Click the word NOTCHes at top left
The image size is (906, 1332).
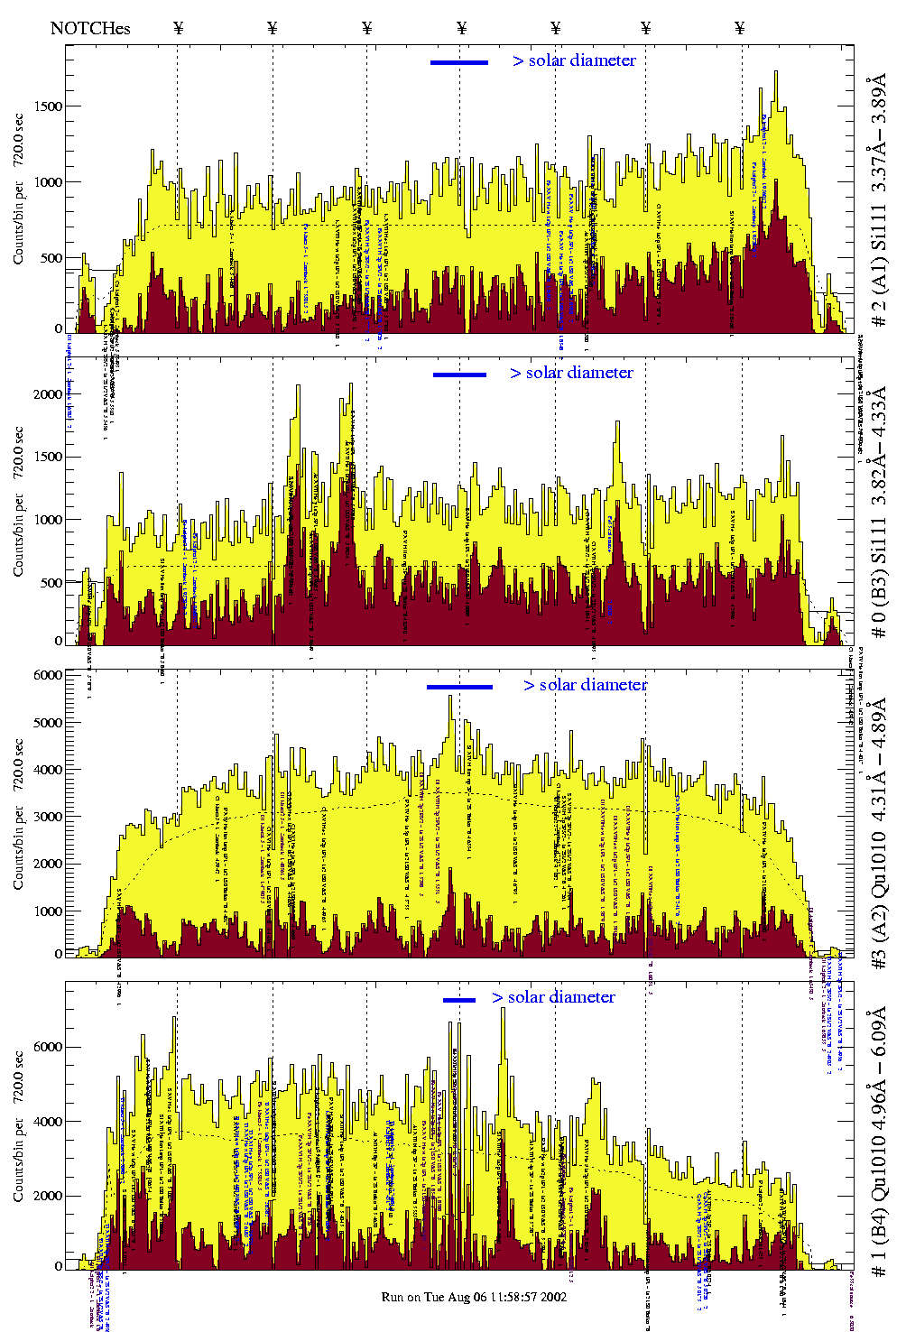coord(90,28)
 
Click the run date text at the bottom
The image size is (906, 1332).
coord(474,1297)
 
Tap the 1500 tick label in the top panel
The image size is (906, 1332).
coord(48,106)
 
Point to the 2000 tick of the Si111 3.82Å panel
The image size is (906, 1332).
coord(48,394)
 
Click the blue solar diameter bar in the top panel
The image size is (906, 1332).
coord(459,62)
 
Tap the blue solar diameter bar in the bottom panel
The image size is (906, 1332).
coord(459,1000)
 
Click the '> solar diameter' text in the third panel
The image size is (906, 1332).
coord(585,685)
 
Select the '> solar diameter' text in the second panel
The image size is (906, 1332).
coord(571,373)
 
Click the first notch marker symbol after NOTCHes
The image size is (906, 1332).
coord(178,28)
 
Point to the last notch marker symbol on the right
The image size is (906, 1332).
coord(740,28)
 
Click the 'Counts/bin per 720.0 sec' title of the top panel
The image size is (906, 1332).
coord(19,189)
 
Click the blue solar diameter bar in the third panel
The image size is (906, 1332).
coord(459,687)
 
